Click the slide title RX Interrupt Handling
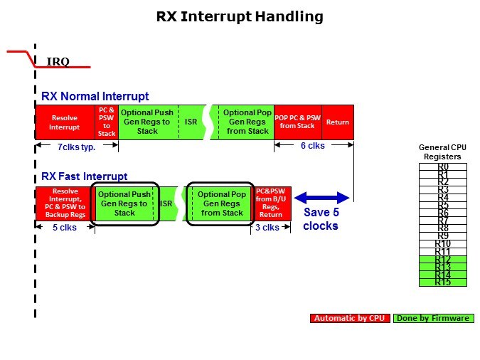click(x=240, y=16)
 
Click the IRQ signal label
click(x=58, y=61)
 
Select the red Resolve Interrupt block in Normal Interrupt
click(x=65, y=122)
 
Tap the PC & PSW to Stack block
click(x=107, y=122)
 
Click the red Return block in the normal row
click(x=338, y=122)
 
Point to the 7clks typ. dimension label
click(x=77, y=147)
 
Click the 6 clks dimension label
click(x=314, y=146)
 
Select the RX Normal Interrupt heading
click(x=95, y=96)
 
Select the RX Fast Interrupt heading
click(x=85, y=176)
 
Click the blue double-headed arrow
click(x=321, y=197)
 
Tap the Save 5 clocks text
click(x=321, y=219)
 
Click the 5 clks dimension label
click(x=64, y=228)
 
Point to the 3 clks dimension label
click(x=268, y=228)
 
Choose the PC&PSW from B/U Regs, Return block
click(x=270, y=203)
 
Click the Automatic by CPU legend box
click(x=350, y=318)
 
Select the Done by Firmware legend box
click(x=433, y=318)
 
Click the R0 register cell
click(x=443, y=166)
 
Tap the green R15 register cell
click(x=443, y=282)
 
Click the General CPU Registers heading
click(x=442, y=152)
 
